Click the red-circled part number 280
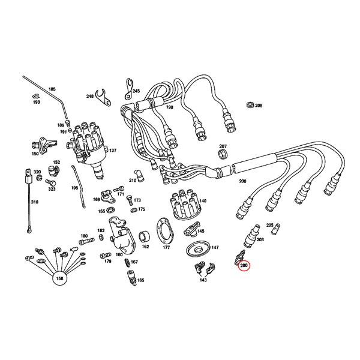[x=244, y=265]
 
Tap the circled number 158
[x=59, y=278]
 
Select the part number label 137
[x=113, y=151]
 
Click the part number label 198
[x=170, y=108]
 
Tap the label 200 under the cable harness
[x=242, y=181]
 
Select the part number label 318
[x=34, y=203]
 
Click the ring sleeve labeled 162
[x=145, y=235]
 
